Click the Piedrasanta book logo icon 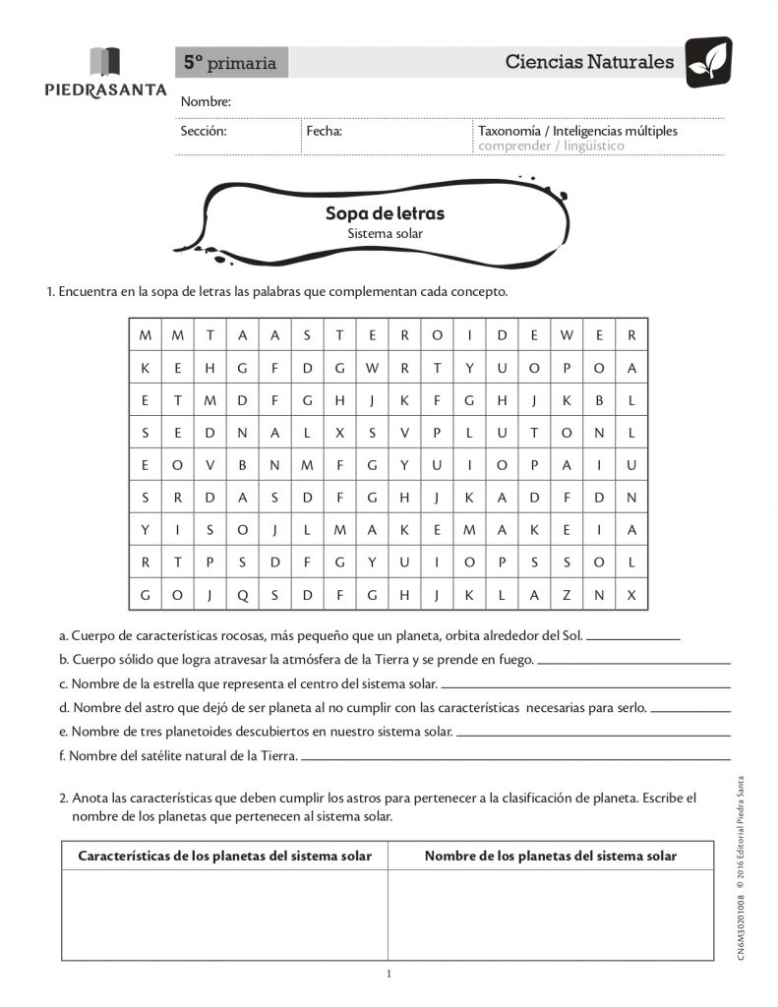[105, 62]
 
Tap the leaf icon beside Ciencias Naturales [708, 62]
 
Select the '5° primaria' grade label [230, 64]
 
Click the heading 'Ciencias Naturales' [589, 62]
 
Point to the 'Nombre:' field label [206, 102]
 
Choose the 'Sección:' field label [204, 131]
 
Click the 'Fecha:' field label [324, 131]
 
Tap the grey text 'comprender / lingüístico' [551, 147]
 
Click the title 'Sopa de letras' [385, 213]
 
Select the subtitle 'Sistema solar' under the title [385, 234]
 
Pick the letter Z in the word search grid [567, 595]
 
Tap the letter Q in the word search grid [242, 595]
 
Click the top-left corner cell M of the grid [146, 335]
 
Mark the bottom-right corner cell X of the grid [631, 595]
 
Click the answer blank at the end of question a [633, 638]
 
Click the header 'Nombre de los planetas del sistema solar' [551, 857]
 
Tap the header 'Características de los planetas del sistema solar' [225, 857]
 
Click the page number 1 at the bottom [389, 975]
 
